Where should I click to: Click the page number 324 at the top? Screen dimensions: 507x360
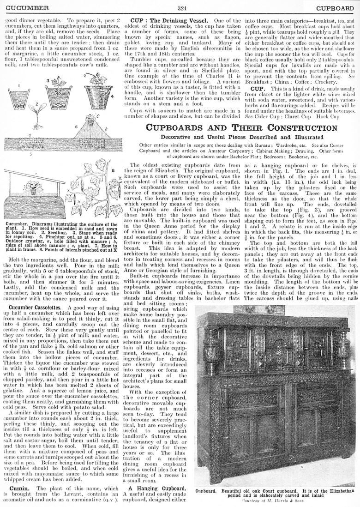tap(181, 8)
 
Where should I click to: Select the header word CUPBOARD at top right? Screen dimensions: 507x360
tap(335, 8)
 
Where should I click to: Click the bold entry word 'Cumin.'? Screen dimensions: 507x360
tap(20, 488)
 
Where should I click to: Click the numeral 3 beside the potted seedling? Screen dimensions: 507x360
tap(48, 80)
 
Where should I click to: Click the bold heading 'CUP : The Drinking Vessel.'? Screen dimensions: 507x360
tap(169, 21)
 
